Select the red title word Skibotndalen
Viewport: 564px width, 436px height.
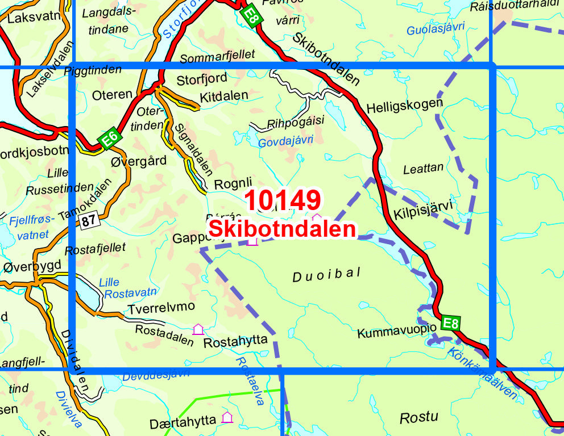283,229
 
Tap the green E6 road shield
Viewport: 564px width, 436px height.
109,138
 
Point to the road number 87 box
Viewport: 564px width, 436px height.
86,221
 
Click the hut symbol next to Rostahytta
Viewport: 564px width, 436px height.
198,329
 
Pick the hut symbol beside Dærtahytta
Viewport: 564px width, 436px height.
227,417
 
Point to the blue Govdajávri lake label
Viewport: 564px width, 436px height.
285,142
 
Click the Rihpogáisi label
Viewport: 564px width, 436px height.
295,121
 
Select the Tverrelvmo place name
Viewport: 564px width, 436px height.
161,307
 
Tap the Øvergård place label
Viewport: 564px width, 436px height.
139,161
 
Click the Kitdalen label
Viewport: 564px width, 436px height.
223,96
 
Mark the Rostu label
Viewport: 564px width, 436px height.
419,418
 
